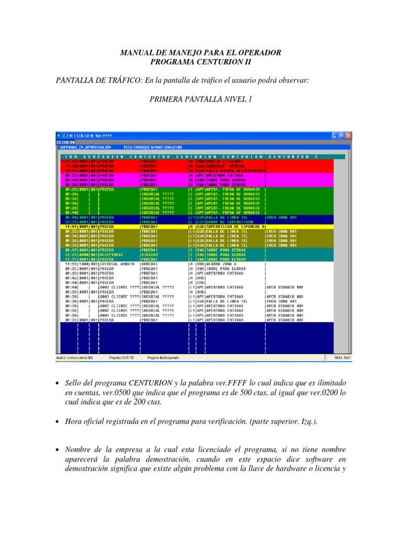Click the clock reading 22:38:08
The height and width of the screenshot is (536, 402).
click(x=65, y=142)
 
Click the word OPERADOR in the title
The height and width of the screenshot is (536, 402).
click(x=260, y=53)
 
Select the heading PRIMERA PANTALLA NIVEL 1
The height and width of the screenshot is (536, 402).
click(x=201, y=98)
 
